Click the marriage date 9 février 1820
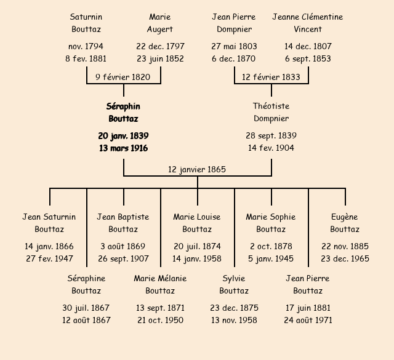tap(123, 77)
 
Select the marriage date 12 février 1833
tap(271, 77)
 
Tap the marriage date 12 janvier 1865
tap(197, 169)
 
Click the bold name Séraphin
tap(123, 106)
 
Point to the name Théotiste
tap(271, 106)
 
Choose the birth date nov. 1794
tap(86, 46)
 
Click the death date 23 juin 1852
tap(160, 58)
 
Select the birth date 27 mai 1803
tap(234, 46)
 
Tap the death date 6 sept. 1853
tap(308, 58)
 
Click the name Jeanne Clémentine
tap(308, 17)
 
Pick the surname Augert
tap(160, 29)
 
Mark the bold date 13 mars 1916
tap(123, 148)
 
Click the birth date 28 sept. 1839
tap(271, 135)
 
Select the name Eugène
tap(345, 217)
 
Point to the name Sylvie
tap(234, 278)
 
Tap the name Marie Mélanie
tap(160, 278)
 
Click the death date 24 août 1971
tap(308, 320)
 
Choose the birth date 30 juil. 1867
tap(86, 308)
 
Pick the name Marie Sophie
tap(271, 217)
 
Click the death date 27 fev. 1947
tap(49, 258)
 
